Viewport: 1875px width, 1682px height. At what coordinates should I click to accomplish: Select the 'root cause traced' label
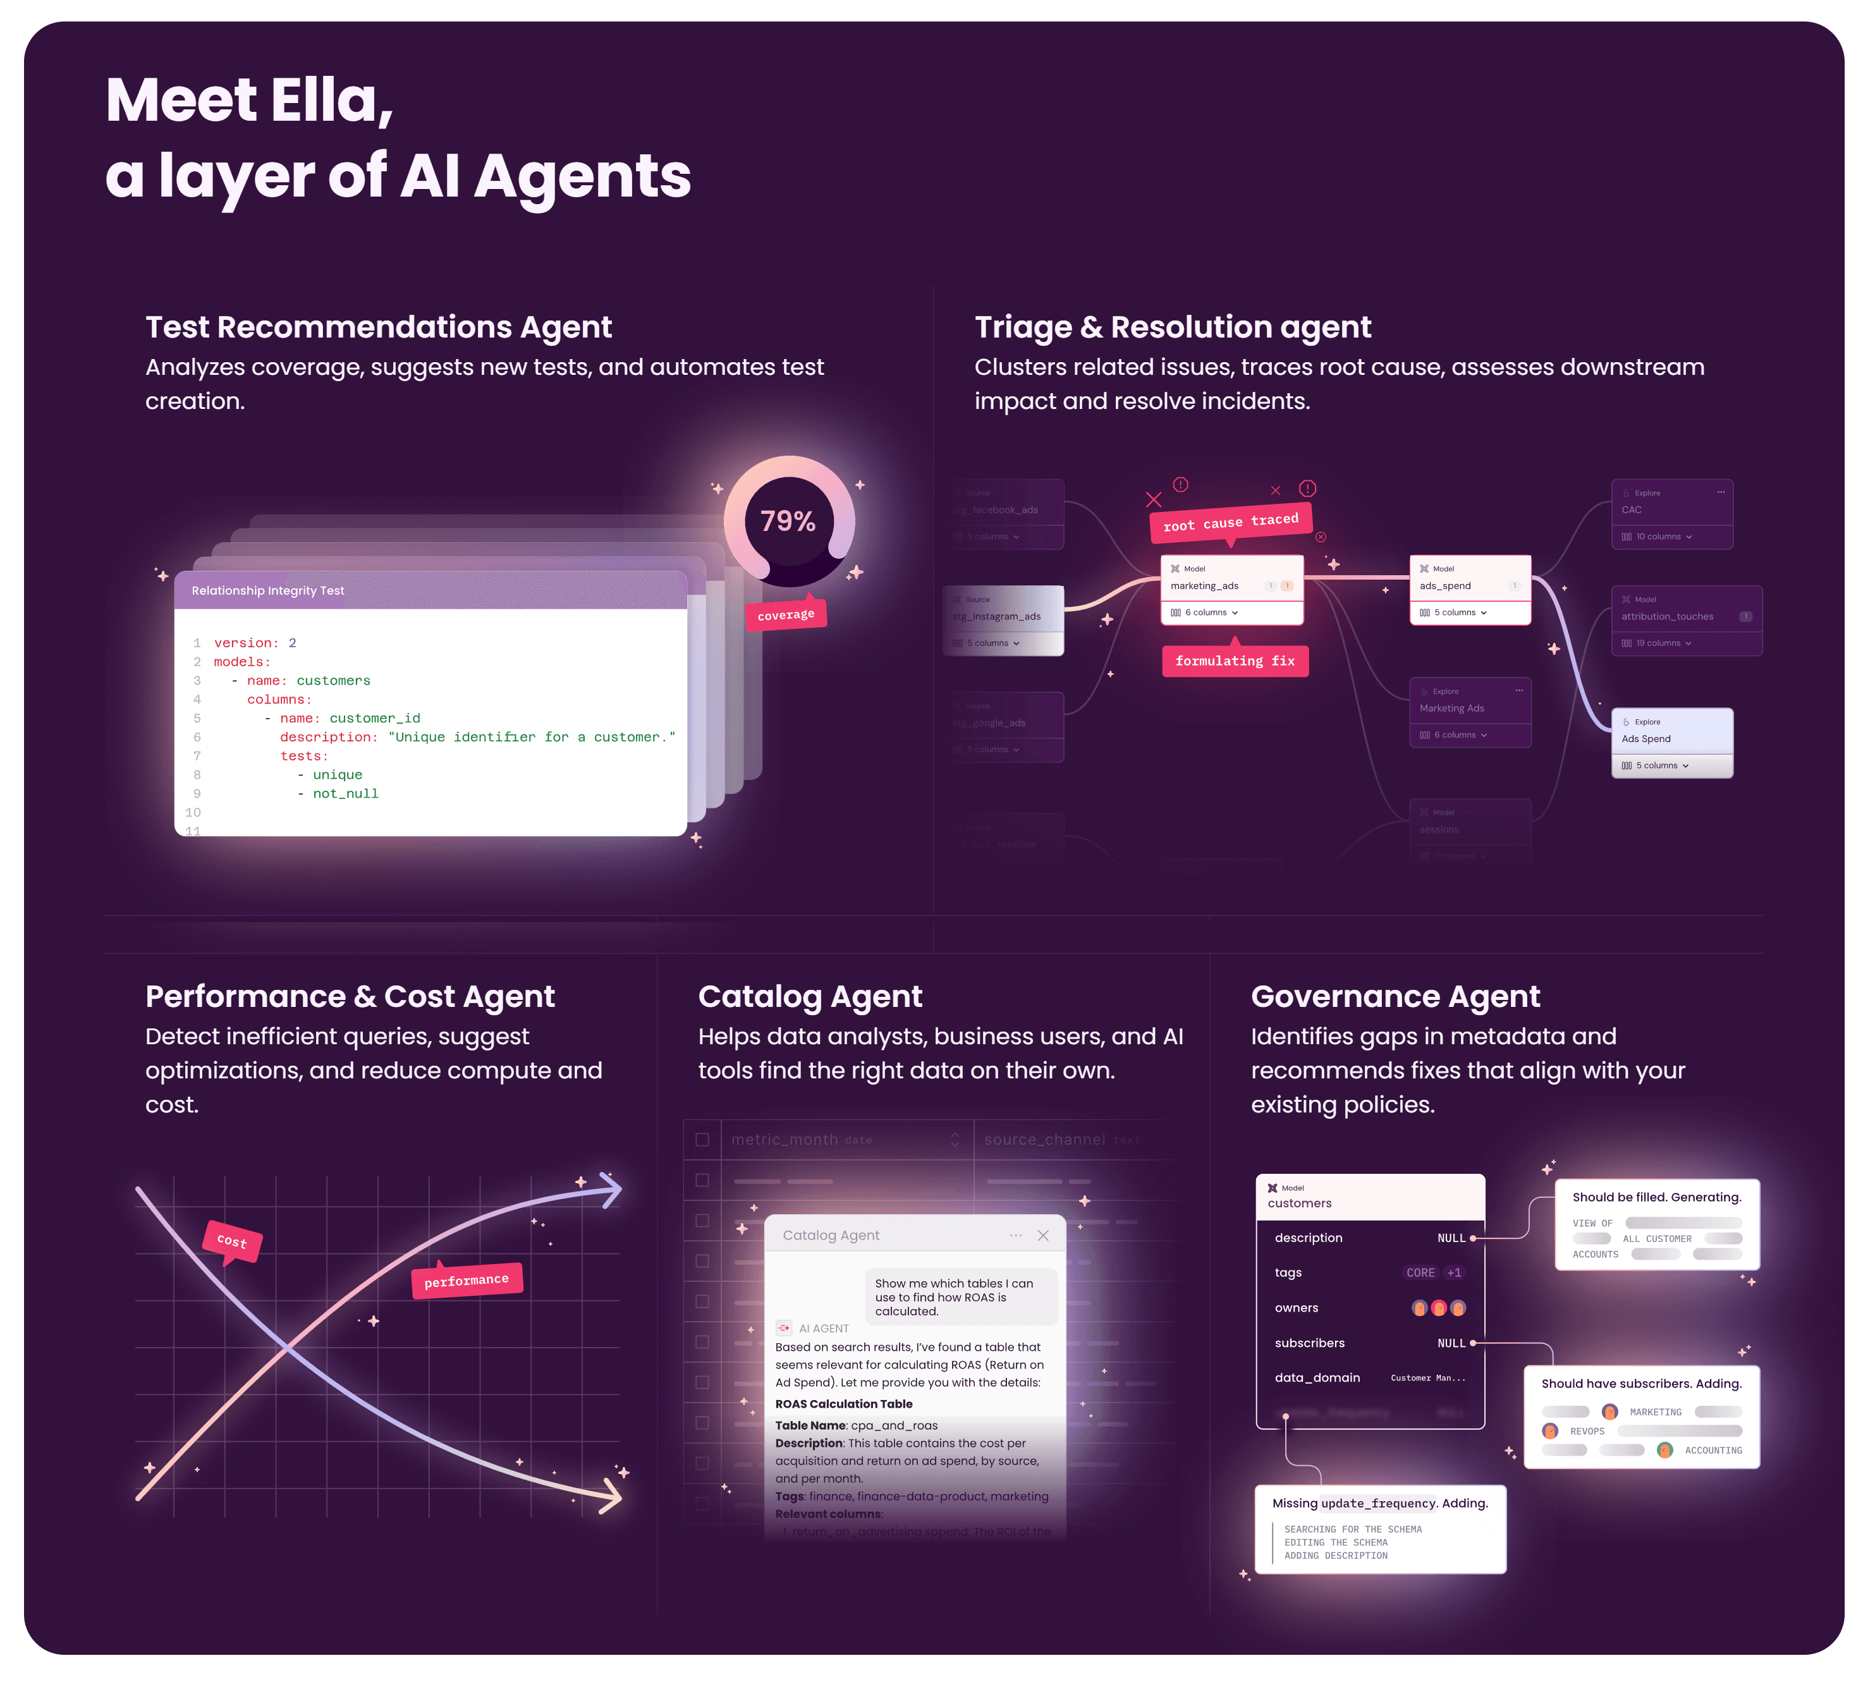(1230, 523)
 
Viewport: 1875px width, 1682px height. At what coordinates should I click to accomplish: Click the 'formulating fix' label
(1235, 661)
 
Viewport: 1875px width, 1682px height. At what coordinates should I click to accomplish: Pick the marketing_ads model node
(1231, 588)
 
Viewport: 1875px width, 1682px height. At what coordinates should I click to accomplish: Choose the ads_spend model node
(1469, 588)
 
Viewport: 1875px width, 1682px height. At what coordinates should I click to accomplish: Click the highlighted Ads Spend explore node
(1671, 741)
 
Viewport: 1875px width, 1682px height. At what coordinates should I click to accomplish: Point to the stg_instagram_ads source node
(1003, 619)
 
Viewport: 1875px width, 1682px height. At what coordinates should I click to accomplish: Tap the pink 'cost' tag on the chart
(232, 1241)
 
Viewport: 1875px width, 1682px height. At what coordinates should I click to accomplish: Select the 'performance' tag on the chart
(467, 1281)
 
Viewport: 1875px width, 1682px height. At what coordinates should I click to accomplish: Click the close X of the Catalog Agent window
(1042, 1236)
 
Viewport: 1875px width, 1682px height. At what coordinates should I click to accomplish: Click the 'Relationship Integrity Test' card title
(268, 590)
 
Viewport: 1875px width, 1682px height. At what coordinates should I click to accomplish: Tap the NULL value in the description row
(1451, 1238)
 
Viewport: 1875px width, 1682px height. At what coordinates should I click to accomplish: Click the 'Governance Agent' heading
(1395, 996)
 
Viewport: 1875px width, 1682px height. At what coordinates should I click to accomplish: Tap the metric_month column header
(785, 1140)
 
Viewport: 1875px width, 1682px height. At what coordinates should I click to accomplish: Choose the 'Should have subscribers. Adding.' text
(1641, 1384)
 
